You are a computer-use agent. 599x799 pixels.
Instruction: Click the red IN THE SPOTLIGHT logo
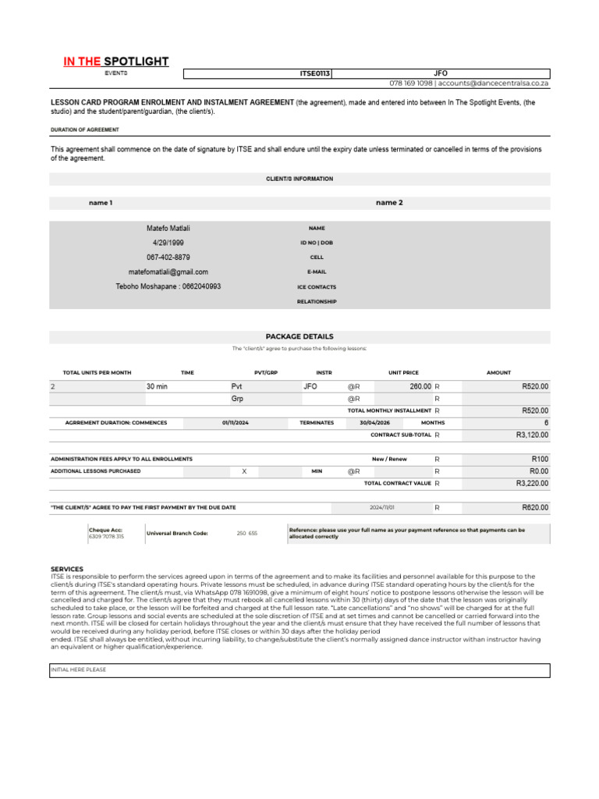(x=116, y=62)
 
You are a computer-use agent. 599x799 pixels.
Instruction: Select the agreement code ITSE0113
(x=315, y=73)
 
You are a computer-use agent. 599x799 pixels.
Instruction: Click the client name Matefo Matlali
(x=168, y=228)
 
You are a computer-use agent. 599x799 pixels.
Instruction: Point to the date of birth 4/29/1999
(x=168, y=243)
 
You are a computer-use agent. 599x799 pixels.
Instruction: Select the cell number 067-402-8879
(x=168, y=257)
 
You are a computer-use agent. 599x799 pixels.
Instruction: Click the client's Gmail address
(x=168, y=272)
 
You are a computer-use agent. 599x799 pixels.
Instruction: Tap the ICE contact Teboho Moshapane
(x=168, y=287)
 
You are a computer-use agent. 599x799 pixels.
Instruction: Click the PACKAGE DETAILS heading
(x=299, y=336)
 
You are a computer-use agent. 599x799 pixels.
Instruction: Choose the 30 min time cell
(x=157, y=386)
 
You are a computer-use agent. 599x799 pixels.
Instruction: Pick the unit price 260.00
(x=420, y=386)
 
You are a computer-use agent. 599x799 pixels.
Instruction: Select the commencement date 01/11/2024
(x=235, y=423)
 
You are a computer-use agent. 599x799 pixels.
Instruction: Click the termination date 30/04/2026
(x=374, y=423)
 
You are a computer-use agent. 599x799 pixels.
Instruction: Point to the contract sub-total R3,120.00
(x=532, y=435)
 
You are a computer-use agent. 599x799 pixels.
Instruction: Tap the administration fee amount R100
(x=540, y=459)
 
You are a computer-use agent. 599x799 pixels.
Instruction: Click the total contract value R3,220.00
(x=532, y=484)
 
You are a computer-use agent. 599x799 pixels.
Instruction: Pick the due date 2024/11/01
(x=382, y=508)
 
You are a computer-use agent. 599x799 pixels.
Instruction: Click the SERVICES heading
(x=67, y=569)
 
